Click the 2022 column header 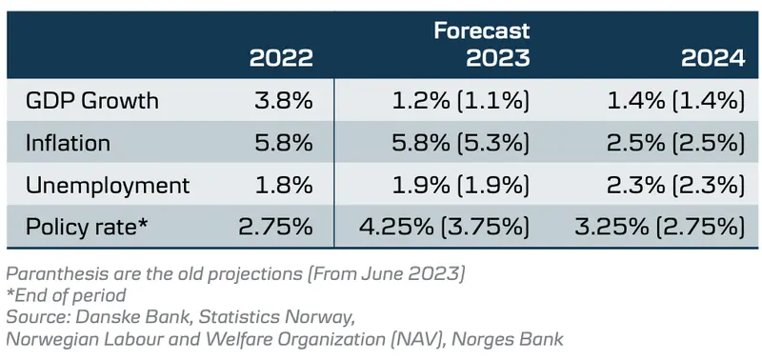tap(281, 59)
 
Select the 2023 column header tap(497, 59)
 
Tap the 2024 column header tap(712, 59)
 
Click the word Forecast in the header tap(482, 31)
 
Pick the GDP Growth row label tap(93, 101)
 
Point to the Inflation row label tap(70, 143)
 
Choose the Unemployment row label tap(109, 185)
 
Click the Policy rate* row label tap(87, 227)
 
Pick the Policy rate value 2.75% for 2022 tap(274, 227)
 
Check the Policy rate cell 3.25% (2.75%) tap(659, 227)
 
